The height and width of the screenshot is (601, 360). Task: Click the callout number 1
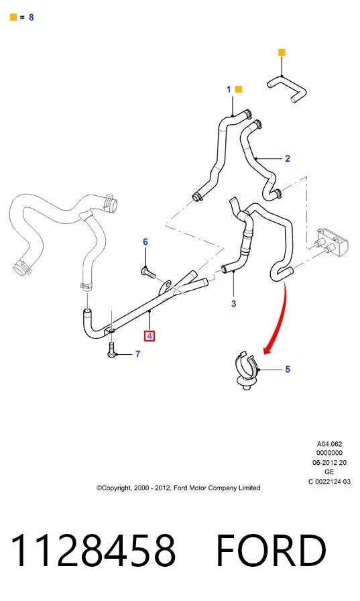point(229,89)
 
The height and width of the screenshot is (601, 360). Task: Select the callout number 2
point(288,158)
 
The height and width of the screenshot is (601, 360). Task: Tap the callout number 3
point(233,304)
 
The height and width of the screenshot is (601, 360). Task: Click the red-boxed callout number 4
point(149,336)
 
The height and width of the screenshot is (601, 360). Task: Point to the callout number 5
point(288,369)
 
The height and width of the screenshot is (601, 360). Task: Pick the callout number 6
point(145,242)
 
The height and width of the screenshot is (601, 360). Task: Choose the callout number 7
point(138,353)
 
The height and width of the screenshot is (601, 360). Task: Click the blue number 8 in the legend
point(31,17)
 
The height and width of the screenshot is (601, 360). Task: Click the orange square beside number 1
point(238,89)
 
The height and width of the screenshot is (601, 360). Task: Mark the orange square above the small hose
point(282,52)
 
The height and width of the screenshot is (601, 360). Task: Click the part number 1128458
point(93,551)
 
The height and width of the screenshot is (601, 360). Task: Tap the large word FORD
point(271,551)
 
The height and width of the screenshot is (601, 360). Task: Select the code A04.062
point(329,444)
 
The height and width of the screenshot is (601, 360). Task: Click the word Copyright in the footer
point(113,488)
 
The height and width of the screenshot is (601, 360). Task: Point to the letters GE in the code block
point(329,472)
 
